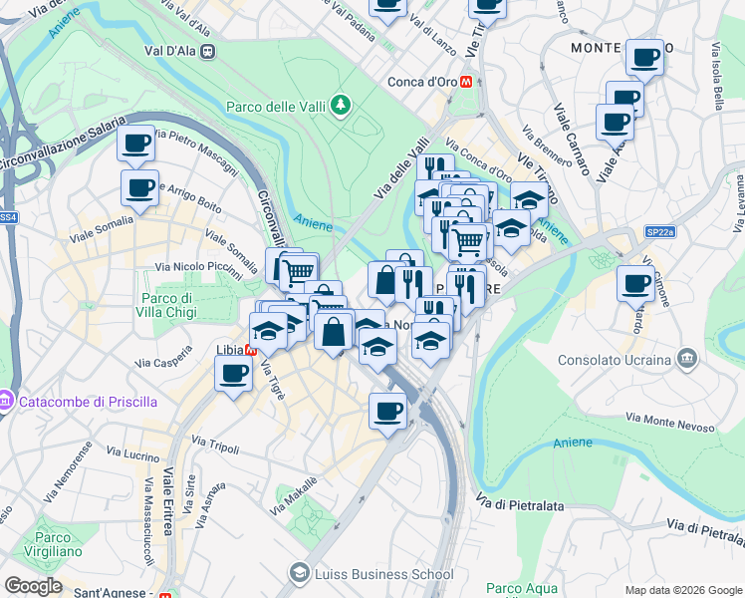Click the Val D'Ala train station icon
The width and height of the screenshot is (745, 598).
pyautogui.click(x=207, y=52)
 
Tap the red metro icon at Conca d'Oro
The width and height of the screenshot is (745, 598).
pyautogui.click(x=465, y=83)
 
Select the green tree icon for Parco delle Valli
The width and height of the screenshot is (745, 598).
pyautogui.click(x=342, y=104)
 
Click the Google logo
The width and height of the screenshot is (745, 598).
pyautogui.click(x=33, y=586)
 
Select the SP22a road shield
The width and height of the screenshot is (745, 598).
pyautogui.click(x=659, y=231)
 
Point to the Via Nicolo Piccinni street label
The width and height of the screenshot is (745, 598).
pyautogui.click(x=198, y=269)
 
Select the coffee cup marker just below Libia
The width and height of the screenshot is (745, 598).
pyautogui.click(x=234, y=375)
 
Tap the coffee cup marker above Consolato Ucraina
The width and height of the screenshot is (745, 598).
pyautogui.click(x=635, y=283)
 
